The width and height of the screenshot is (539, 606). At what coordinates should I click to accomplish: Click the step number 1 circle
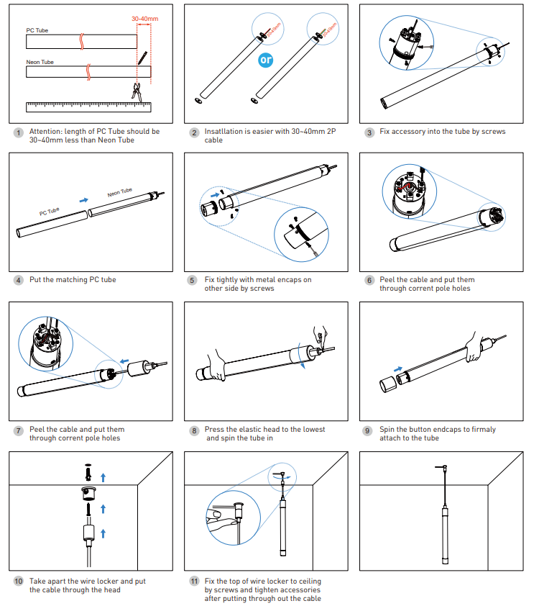point(17,132)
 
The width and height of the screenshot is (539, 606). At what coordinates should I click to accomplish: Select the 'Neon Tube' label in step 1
point(40,62)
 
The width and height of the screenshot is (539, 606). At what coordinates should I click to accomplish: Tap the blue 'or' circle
point(266,60)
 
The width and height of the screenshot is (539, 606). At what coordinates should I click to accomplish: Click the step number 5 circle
point(192,281)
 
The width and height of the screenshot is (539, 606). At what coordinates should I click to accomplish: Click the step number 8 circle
point(193,430)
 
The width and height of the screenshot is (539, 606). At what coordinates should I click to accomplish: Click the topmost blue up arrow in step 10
point(103,476)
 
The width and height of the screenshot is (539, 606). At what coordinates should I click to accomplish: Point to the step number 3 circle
point(369,132)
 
